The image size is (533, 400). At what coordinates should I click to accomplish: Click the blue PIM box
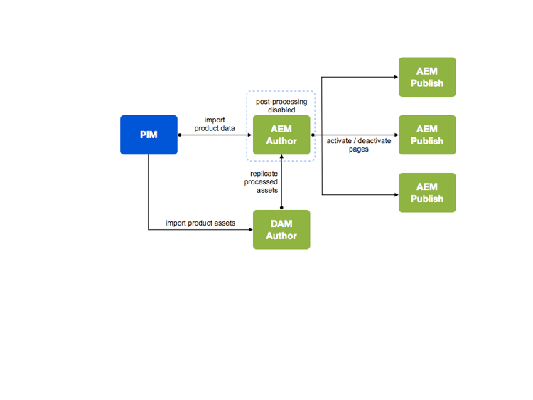pos(148,135)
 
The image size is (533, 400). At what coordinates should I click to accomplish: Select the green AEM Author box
pos(281,135)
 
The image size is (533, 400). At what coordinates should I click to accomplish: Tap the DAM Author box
pos(281,229)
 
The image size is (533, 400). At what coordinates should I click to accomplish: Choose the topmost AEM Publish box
pos(426,77)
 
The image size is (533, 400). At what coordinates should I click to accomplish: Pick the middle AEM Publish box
pos(426,135)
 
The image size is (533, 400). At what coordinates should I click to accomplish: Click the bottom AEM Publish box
pos(426,192)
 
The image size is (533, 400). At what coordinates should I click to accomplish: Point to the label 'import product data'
pos(215,124)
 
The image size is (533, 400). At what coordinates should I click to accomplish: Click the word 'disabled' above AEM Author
pos(281,110)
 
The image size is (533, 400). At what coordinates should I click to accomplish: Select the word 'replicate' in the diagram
pos(264,174)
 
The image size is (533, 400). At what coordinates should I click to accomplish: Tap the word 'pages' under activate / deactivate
pos(359,149)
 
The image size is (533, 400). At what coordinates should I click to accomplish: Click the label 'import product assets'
pos(200,223)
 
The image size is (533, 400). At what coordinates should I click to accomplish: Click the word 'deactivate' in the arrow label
pos(375,141)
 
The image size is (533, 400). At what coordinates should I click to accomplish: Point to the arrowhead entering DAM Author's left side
pos(250,230)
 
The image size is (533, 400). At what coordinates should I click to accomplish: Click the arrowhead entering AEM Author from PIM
pos(250,135)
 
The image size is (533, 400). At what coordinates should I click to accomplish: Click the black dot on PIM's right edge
pos(178,135)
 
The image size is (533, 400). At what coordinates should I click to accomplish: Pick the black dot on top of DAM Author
pos(281,209)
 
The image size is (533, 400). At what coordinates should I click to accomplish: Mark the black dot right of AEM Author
pos(313,135)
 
